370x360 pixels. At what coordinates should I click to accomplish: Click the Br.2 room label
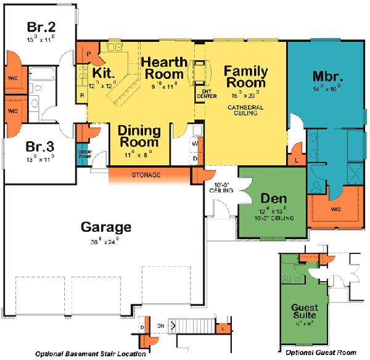(x=41, y=28)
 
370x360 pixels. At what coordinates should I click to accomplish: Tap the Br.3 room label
(x=41, y=148)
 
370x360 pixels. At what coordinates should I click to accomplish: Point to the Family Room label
(x=245, y=76)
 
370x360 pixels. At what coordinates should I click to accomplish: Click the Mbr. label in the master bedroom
(x=327, y=77)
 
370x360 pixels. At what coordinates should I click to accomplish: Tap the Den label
(x=272, y=198)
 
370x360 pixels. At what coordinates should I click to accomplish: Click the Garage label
(x=106, y=227)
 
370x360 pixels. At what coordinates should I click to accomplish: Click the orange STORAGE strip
(x=146, y=176)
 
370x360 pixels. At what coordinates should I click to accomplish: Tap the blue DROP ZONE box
(x=84, y=154)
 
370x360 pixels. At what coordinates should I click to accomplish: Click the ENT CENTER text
(x=204, y=94)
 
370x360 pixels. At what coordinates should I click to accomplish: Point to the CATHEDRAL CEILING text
(x=245, y=110)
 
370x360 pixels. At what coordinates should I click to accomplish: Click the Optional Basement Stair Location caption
(x=91, y=354)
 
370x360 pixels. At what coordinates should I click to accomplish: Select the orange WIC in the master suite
(x=335, y=209)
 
